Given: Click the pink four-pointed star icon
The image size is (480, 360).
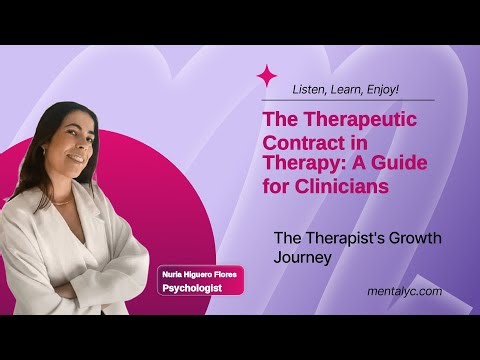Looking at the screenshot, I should [x=268, y=76].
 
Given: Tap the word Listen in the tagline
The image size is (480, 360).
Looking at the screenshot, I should [x=309, y=89].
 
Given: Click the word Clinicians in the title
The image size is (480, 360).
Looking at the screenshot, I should [x=338, y=186].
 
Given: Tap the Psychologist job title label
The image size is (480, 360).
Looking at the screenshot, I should [x=192, y=289].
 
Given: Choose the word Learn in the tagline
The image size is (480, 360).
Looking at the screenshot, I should [x=346, y=89].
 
